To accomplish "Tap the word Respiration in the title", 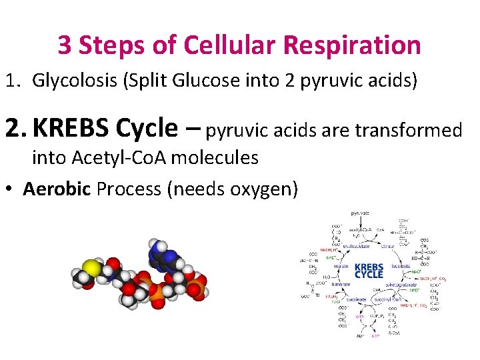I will (353, 45).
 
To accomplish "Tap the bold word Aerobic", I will (57, 189).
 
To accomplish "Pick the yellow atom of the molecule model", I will (93, 268).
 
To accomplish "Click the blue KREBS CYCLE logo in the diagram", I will (369, 270).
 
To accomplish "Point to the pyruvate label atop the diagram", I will (361, 213).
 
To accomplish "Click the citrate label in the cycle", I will (388, 247).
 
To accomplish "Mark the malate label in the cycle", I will (341, 266).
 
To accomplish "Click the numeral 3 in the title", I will (64, 45).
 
